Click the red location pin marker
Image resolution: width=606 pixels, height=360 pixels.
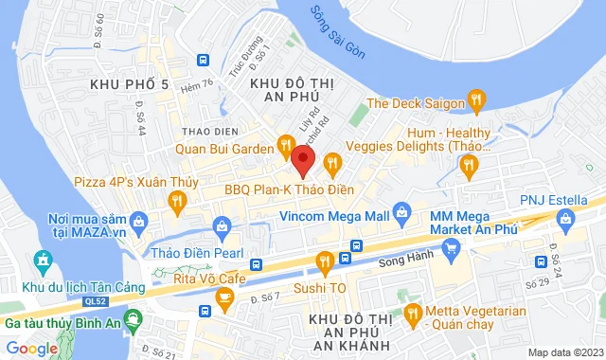click(302, 159)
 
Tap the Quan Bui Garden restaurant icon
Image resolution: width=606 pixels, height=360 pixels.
click(283, 145)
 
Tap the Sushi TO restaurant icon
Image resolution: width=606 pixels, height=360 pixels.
click(324, 259)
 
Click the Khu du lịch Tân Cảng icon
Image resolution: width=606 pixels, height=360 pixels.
click(42, 260)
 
